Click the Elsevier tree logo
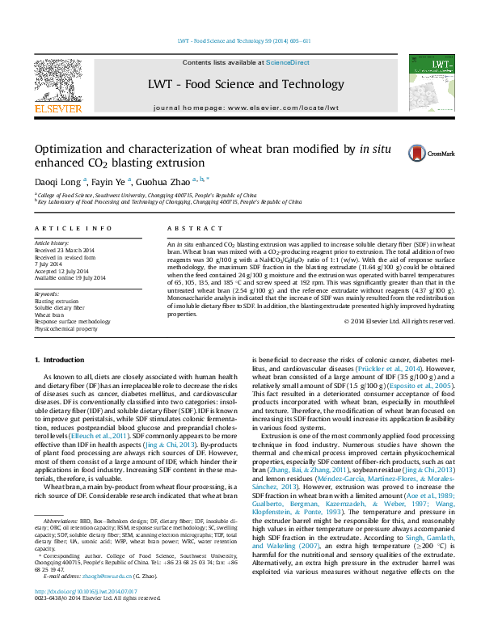pos(57,79)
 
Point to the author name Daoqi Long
pos(57,183)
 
